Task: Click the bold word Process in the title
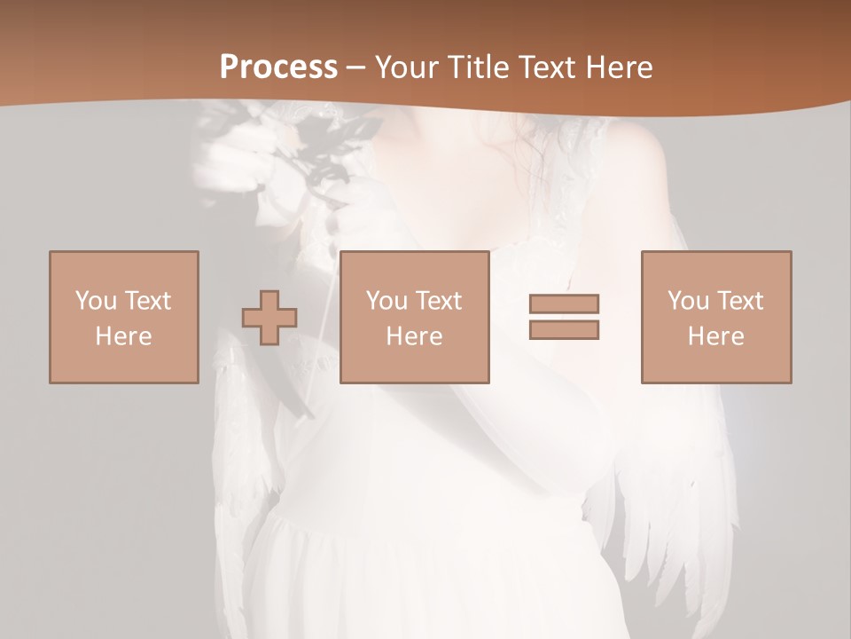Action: click(x=279, y=67)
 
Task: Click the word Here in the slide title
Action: click(x=617, y=67)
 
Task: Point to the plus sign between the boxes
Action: click(x=269, y=318)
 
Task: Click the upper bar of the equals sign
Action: click(x=564, y=304)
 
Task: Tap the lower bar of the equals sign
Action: click(x=564, y=329)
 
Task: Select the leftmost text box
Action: click(x=124, y=317)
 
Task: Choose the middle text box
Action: click(x=415, y=317)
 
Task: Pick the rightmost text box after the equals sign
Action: click(x=716, y=317)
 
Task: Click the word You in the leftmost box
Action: click(x=96, y=301)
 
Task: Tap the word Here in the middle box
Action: click(x=415, y=336)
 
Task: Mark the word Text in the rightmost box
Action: click(x=741, y=301)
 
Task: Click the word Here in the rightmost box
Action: click(x=716, y=336)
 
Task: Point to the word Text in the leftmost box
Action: click(x=148, y=301)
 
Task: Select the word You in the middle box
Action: click(x=386, y=301)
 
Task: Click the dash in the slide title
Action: click(x=356, y=67)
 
